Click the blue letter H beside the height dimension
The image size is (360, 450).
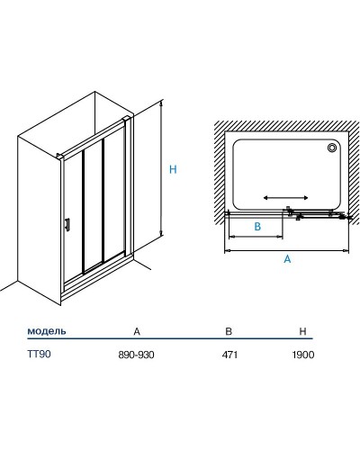173,169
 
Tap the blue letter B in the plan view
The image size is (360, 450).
257,227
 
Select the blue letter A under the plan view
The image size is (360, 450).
287,258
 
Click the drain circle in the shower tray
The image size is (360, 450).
332,148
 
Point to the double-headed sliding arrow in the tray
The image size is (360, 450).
285,197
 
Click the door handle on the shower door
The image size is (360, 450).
67,224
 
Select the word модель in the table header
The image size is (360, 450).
47,331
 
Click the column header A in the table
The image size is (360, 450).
137,331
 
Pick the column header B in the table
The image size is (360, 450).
229,331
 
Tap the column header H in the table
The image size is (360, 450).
303,331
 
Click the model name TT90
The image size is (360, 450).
39,355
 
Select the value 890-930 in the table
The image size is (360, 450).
137,355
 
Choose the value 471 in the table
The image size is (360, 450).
229,355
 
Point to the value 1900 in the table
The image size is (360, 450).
303,355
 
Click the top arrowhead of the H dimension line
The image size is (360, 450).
161,103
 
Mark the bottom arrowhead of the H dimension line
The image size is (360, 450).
161,233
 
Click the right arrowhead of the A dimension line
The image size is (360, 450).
346,250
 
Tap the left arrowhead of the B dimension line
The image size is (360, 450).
231,237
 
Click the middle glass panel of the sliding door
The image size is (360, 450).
93,206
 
